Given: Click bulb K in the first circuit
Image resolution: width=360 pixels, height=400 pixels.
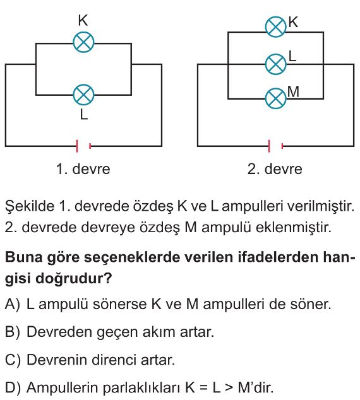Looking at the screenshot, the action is (x=83, y=42).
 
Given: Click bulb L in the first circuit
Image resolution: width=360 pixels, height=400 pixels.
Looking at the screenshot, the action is (x=83, y=95).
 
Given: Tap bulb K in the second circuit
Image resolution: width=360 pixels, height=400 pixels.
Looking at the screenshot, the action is (x=276, y=26).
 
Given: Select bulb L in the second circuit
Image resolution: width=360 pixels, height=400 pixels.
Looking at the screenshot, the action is (x=276, y=64).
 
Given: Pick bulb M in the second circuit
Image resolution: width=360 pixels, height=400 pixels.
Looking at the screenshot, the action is (x=276, y=98).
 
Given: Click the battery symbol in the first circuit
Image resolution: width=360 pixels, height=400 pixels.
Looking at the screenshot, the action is (x=83, y=146).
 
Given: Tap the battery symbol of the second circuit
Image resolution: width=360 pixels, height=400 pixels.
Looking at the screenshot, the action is (x=276, y=146).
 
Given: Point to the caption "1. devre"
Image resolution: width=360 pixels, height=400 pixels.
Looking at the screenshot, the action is (x=83, y=169).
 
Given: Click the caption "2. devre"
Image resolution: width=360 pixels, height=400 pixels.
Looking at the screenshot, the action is (x=275, y=169).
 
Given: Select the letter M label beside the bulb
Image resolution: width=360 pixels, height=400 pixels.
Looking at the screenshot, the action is (x=293, y=91).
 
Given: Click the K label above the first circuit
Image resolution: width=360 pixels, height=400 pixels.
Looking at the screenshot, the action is (x=83, y=20).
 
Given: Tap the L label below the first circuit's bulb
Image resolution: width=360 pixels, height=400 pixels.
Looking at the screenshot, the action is (x=84, y=114).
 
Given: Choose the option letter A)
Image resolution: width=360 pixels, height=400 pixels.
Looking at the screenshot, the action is (x=12, y=304).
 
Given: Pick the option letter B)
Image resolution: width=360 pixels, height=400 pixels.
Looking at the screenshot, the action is (x=12, y=332).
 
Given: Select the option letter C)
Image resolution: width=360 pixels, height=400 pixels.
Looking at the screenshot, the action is (x=13, y=360).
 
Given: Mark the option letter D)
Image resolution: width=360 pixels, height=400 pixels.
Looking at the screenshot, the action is (x=13, y=387).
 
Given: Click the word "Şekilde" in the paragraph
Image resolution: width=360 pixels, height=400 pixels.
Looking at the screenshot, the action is (x=30, y=206).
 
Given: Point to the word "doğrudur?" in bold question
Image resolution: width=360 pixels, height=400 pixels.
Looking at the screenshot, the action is (x=74, y=278).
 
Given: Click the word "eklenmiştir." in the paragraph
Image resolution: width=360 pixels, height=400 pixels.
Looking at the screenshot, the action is (x=293, y=227).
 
